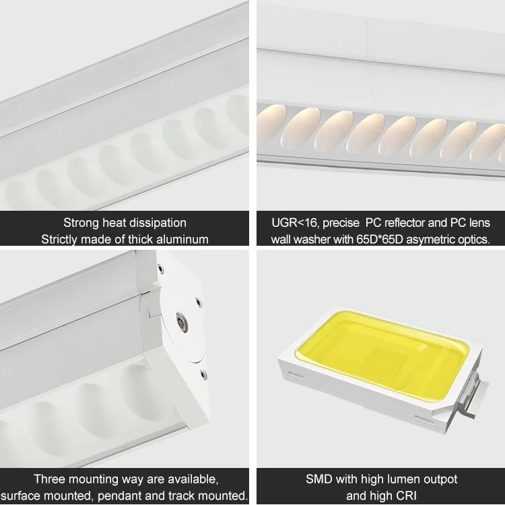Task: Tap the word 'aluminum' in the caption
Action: point(182,239)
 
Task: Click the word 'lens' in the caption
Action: point(479,222)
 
